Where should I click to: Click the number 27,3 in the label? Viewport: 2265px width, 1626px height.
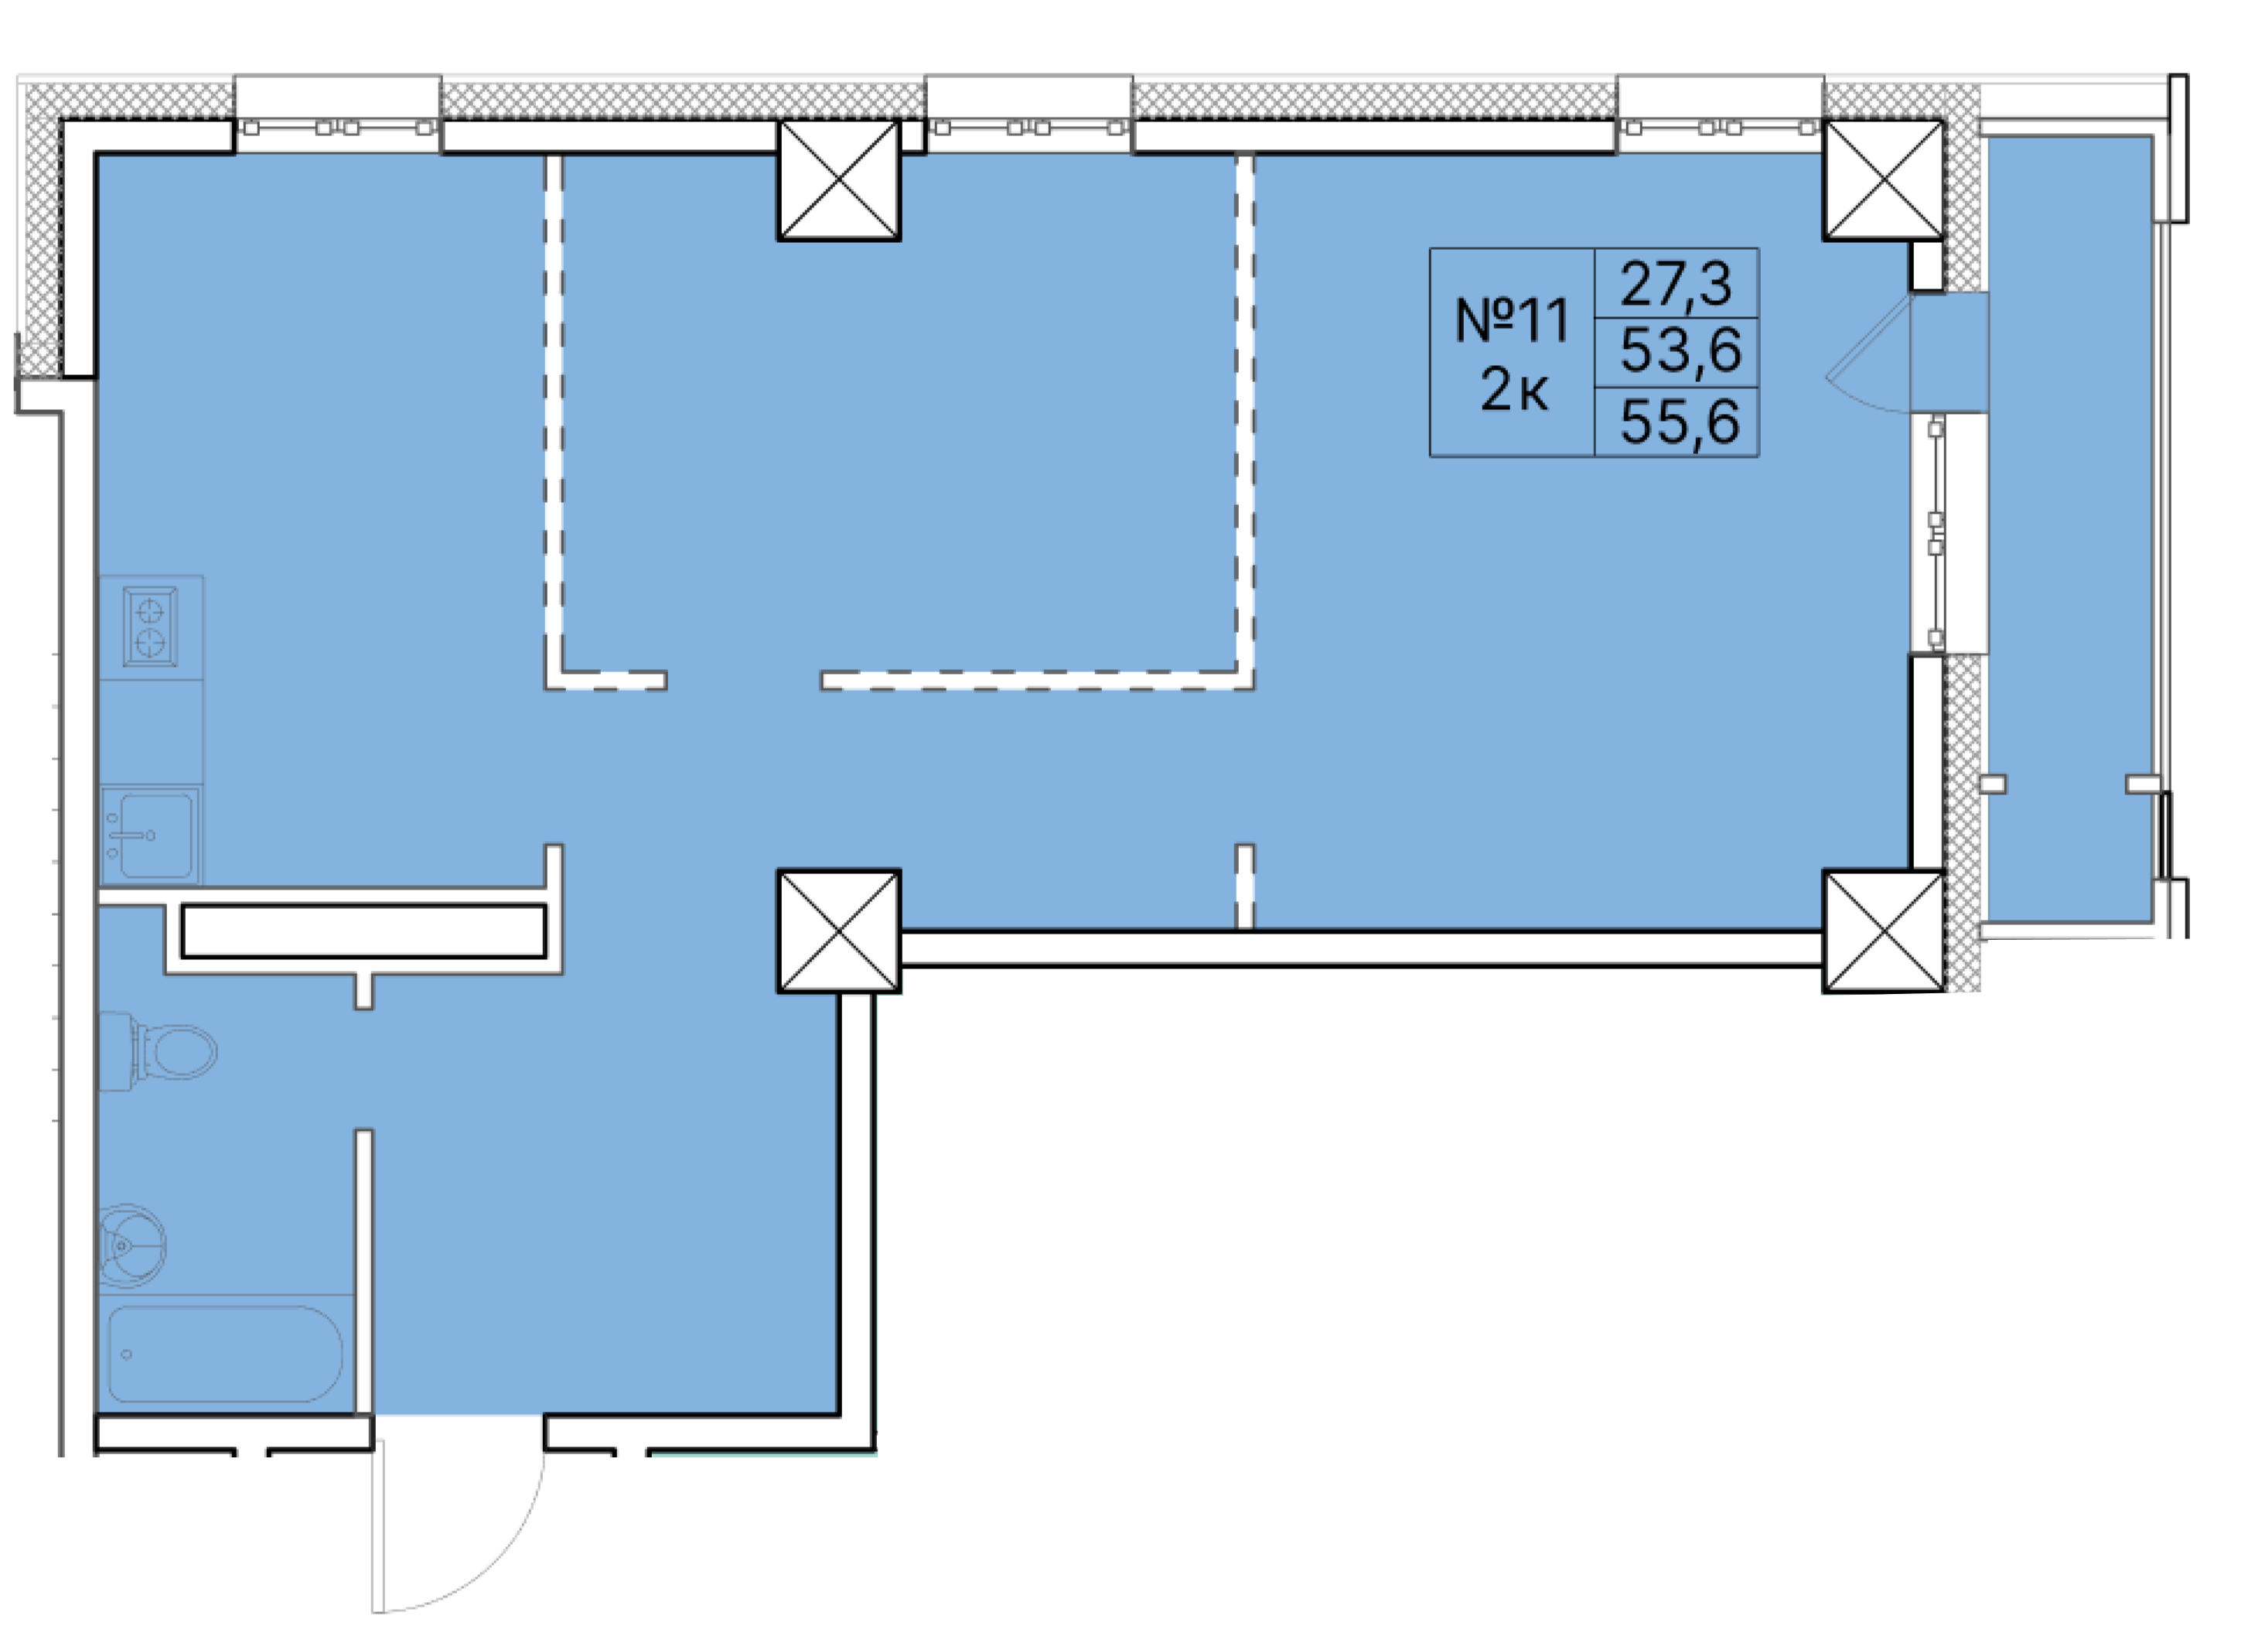tap(1676, 284)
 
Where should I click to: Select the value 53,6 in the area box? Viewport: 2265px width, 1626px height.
tap(1680, 350)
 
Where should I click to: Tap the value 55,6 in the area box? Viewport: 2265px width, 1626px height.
tap(1680, 422)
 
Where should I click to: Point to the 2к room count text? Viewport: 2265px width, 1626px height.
tap(1514, 390)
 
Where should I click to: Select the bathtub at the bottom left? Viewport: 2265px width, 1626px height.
tap(225, 1354)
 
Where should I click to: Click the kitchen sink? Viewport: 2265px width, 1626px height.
tap(151, 835)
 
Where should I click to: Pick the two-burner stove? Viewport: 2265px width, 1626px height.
tap(150, 627)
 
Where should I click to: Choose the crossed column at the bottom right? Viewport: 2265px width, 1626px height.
tap(1884, 931)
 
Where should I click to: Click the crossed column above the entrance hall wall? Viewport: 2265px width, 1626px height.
tap(839, 931)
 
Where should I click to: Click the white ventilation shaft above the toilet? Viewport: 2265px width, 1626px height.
tap(363, 931)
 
